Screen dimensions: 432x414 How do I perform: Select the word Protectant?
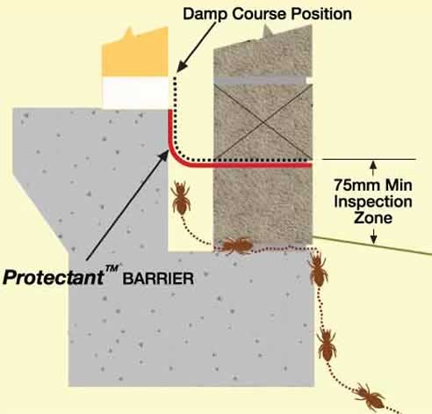coord(53,277)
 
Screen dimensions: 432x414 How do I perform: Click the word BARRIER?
coord(158,279)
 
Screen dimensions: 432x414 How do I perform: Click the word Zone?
coord(373,218)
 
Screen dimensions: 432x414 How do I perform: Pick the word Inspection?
coord(373,201)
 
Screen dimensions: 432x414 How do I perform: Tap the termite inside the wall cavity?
coord(181,197)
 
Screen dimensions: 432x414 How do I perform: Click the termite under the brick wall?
coord(236,245)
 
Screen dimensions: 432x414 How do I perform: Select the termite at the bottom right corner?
coord(370,396)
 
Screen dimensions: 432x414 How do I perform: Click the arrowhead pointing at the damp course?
coord(182,66)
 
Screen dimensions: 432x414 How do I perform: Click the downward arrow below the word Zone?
coord(373,236)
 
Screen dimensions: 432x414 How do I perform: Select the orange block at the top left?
coord(135,52)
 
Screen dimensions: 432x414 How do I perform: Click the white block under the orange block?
coord(135,93)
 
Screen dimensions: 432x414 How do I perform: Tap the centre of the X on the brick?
coord(264,123)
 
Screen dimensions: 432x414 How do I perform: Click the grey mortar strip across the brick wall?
coord(261,81)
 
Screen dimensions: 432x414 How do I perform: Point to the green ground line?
coord(372,244)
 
